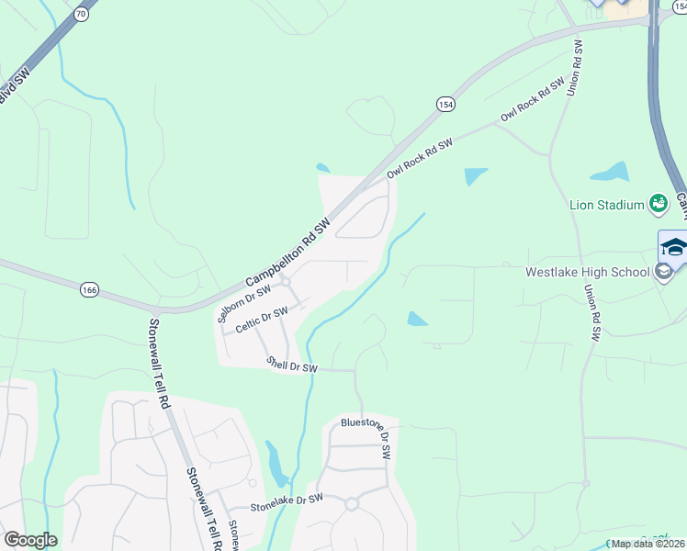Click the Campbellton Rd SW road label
pyautogui.click(x=287, y=253)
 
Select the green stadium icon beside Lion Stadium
pyautogui.click(x=658, y=204)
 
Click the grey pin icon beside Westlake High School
pyautogui.click(x=663, y=272)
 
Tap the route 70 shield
pyautogui.click(x=81, y=14)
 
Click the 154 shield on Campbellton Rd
pyautogui.click(x=445, y=105)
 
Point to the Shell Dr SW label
pyautogui.click(x=291, y=365)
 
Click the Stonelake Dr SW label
pyautogui.click(x=288, y=500)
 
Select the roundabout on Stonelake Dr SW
pyautogui.click(x=351, y=503)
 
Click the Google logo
pyautogui.click(x=30, y=540)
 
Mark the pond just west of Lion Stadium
pyautogui.click(x=610, y=172)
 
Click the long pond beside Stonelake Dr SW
pyautogui.click(x=275, y=463)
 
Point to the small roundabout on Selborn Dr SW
pyautogui.click(x=285, y=282)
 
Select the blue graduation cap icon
pyautogui.click(x=673, y=246)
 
